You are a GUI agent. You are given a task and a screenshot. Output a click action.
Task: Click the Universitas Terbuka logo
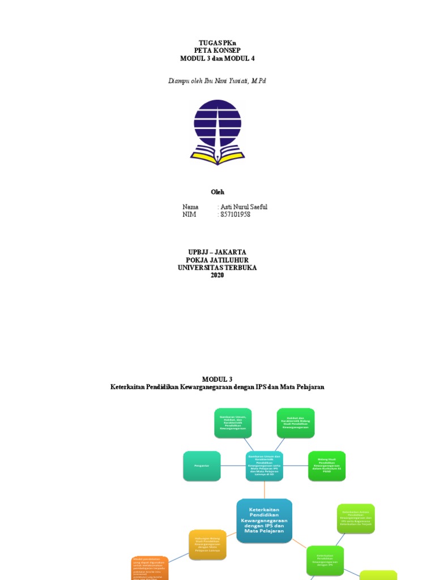click(217, 132)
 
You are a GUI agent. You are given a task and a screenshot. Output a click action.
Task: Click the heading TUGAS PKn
click(217, 42)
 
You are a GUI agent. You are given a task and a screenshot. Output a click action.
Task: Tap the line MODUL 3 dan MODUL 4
click(217, 58)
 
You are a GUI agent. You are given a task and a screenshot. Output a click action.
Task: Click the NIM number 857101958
click(234, 215)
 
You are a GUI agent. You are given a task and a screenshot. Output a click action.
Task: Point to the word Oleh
click(217, 192)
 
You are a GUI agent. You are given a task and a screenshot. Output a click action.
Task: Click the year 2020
click(217, 275)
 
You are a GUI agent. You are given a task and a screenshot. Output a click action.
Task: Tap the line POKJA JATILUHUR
click(217, 260)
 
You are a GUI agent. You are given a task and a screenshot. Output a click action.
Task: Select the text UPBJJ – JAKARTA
click(217, 252)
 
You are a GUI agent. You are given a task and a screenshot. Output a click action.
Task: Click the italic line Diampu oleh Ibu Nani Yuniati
click(217, 81)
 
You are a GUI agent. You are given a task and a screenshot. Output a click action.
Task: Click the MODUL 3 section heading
click(217, 379)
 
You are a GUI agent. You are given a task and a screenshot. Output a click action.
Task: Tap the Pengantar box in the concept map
click(202, 466)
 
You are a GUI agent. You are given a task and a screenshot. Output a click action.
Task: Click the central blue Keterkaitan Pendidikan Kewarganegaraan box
click(265, 521)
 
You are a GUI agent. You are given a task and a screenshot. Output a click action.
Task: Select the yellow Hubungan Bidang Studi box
click(207, 545)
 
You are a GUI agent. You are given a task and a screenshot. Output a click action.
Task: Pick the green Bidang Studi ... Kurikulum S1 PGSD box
click(327, 466)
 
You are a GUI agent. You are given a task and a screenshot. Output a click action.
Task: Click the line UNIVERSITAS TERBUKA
click(217, 267)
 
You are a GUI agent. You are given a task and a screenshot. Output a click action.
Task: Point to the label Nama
click(190, 207)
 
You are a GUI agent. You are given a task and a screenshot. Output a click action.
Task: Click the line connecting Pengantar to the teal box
click(233, 466)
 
